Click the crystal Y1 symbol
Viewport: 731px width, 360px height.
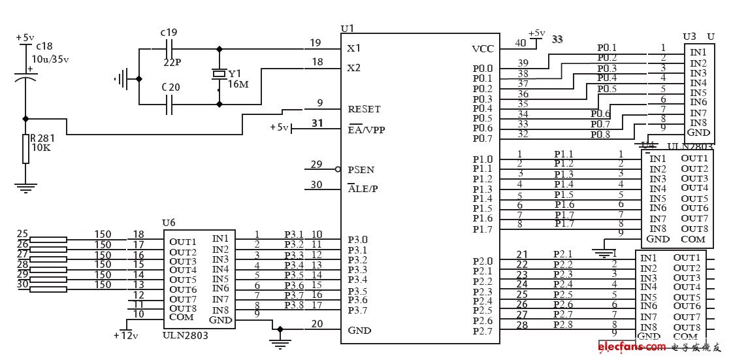pyautogui.click(x=218, y=75)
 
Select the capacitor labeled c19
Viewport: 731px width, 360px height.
pyautogui.click(x=169, y=48)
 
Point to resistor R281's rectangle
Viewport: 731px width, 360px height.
pyautogui.click(x=25, y=149)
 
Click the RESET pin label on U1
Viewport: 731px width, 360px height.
pyautogui.click(x=364, y=109)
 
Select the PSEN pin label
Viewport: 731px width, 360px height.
pyautogui.click(x=361, y=170)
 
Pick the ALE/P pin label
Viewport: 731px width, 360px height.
pyautogui.click(x=363, y=189)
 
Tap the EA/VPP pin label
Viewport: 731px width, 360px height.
pyautogui.click(x=366, y=129)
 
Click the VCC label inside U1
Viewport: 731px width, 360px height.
pyautogui.click(x=482, y=49)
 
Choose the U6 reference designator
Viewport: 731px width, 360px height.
pyautogui.click(x=169, y=223)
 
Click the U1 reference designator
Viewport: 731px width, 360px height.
pyautogui.click(x=347, y=29)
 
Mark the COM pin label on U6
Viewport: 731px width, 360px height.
pyautogui.click(x=181, y=317)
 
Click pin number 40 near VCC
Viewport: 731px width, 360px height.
pyautogui.click(x=521, y=43)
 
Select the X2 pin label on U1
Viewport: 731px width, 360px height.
pyautogui.click(x=354, y=67)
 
